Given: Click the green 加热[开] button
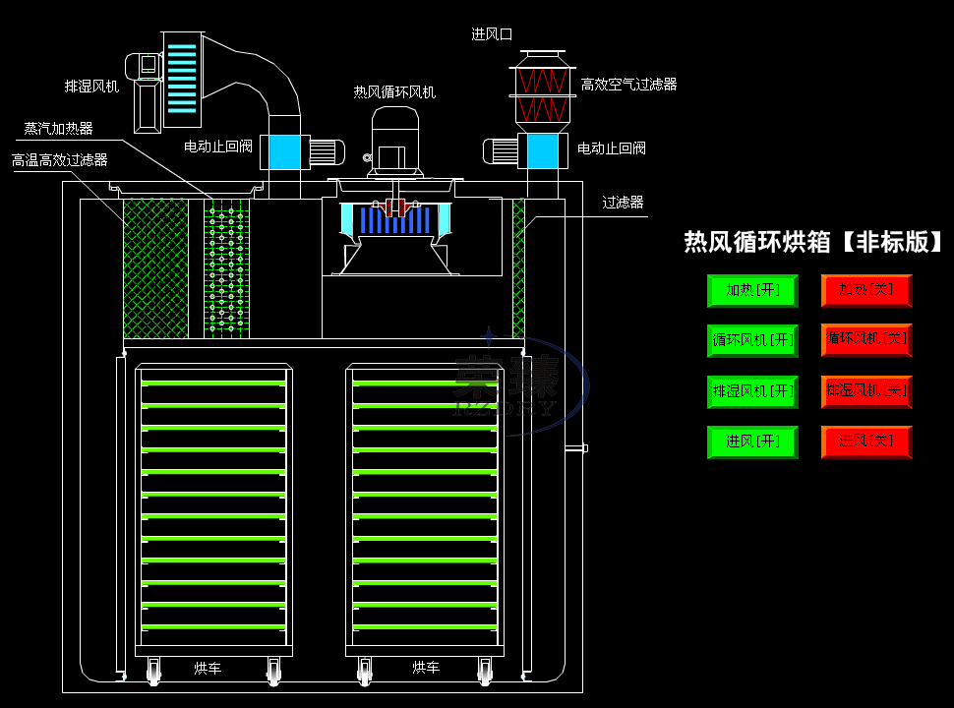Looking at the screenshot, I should pyautogui.click(x=752, y=291).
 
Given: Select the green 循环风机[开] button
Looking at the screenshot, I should pyautogui.click(x=752, y=340).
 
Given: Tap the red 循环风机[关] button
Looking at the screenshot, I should pyautogui.click(x=866, y=339).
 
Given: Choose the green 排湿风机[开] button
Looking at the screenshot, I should pyautogui.click(x=752, y=391).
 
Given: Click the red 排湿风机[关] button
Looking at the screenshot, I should pyautogui.click(x=866, y=391).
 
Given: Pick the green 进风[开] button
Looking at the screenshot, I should pyautogui.click(x=752, y=442).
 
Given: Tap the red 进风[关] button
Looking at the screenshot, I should pyautogui.click(x=866, y=442).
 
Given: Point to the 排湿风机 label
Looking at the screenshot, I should pyautogui.click(x=91, y=87).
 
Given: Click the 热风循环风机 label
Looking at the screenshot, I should pyautogui.click(x=394, y=92).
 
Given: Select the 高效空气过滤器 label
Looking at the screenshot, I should pyautogui.click(x=628, y=86).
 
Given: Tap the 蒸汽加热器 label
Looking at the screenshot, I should pyautogui.click(x=59, y=129).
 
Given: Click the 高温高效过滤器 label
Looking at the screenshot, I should pyautogui.click(x=60, y=159).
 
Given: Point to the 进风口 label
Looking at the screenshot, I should pyautogui.click(x=492, y=34).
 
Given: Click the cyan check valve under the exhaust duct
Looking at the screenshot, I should pyautogui.click(x=284, y=151).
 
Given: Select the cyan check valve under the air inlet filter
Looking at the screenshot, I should pyautogui.click(x=542, y=150).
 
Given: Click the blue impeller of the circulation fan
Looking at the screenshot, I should pyautogui.click(x=393, y=220).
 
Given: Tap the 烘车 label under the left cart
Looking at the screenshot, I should pyautogui.click(x=207, y=669).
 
